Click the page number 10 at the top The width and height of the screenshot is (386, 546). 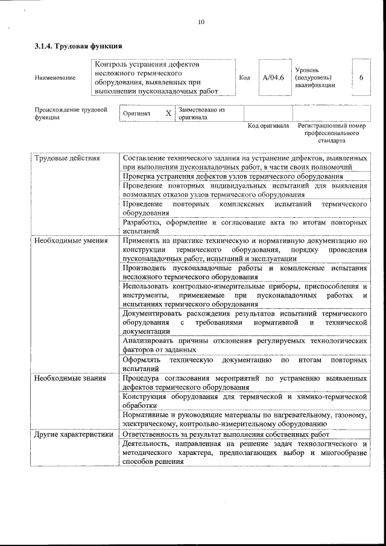coord(201,23)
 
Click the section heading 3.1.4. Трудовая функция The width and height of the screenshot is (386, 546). coord(78,46)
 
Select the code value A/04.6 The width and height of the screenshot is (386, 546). coord(273,78)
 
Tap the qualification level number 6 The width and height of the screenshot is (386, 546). coord(361,78)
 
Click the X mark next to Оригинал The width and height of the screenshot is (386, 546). coord(168,113)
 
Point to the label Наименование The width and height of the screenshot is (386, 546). coord(55,78)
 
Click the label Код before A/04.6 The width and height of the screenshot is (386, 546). coord(245,78)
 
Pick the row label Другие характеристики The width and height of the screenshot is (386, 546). coord(74,434)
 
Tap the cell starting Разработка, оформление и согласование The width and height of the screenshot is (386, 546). coord(245,226)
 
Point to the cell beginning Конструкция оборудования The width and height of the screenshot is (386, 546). coord(245,401)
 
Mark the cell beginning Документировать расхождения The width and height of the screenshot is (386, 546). coord(245,323)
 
